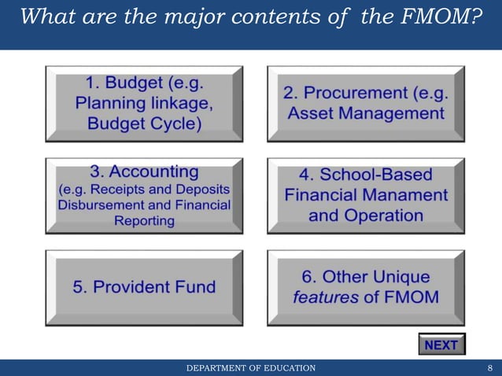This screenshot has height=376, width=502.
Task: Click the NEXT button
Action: click(x=441, y=345)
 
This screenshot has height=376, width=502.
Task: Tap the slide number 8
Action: click(x=490, y=367)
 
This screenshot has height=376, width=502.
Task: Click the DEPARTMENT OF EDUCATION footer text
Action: click(x=250, y=367)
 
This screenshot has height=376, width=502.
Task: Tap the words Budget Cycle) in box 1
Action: click(x=144, y=123)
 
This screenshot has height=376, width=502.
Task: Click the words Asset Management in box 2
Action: click(x=366, y=113)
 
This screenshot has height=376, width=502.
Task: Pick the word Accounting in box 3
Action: click(x=154, y=171)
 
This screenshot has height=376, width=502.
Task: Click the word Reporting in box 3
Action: click(x=144, y=221)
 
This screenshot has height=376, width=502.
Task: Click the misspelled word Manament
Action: click(x=409, y=194)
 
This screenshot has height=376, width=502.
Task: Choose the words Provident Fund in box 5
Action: click(x=144, y=287)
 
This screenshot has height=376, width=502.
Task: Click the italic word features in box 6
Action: click(x=324, y=297)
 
